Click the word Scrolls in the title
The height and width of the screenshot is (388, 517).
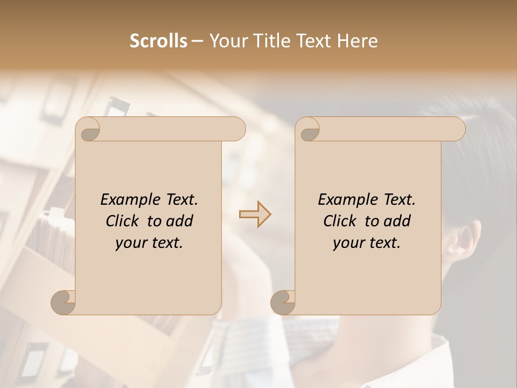(x=158, y=41)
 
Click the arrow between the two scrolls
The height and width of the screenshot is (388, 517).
(x=255, y=214)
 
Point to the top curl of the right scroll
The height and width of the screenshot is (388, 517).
(x=309, y=130)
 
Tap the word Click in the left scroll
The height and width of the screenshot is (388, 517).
(x=121, y=221)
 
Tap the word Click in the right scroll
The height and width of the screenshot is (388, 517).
(x=339, y=221)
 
